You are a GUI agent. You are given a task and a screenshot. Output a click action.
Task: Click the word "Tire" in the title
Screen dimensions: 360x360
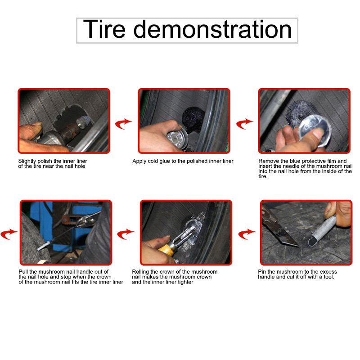pos(104,29)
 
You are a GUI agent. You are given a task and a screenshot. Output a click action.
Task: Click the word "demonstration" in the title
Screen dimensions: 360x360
pos(212,29)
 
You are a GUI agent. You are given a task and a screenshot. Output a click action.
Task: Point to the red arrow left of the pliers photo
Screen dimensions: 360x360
pos(9,234)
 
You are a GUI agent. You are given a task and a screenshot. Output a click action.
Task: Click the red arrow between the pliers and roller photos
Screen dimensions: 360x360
pos(126,234)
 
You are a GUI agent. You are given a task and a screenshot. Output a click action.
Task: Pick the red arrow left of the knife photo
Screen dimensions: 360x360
pos(247,234)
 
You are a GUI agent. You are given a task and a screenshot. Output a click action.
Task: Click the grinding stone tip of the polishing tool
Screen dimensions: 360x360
pos(82,121)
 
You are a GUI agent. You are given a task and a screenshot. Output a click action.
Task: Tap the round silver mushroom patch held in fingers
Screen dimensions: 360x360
pos(315,131)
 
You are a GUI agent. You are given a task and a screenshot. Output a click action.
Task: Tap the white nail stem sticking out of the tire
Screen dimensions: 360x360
pos(44,246)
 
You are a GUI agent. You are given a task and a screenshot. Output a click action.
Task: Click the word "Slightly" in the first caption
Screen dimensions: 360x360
pos(27,161)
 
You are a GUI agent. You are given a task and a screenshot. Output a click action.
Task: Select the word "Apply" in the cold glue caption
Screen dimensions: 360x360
pos(139,161)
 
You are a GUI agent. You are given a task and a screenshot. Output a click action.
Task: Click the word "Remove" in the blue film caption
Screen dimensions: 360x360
pos(268,161)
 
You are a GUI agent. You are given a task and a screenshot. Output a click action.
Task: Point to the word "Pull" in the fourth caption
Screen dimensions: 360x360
pos(23,272)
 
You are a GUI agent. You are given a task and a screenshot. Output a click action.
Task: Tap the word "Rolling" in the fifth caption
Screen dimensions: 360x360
pos(140,272)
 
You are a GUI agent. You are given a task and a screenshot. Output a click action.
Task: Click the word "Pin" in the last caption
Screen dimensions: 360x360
pos(262,272)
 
